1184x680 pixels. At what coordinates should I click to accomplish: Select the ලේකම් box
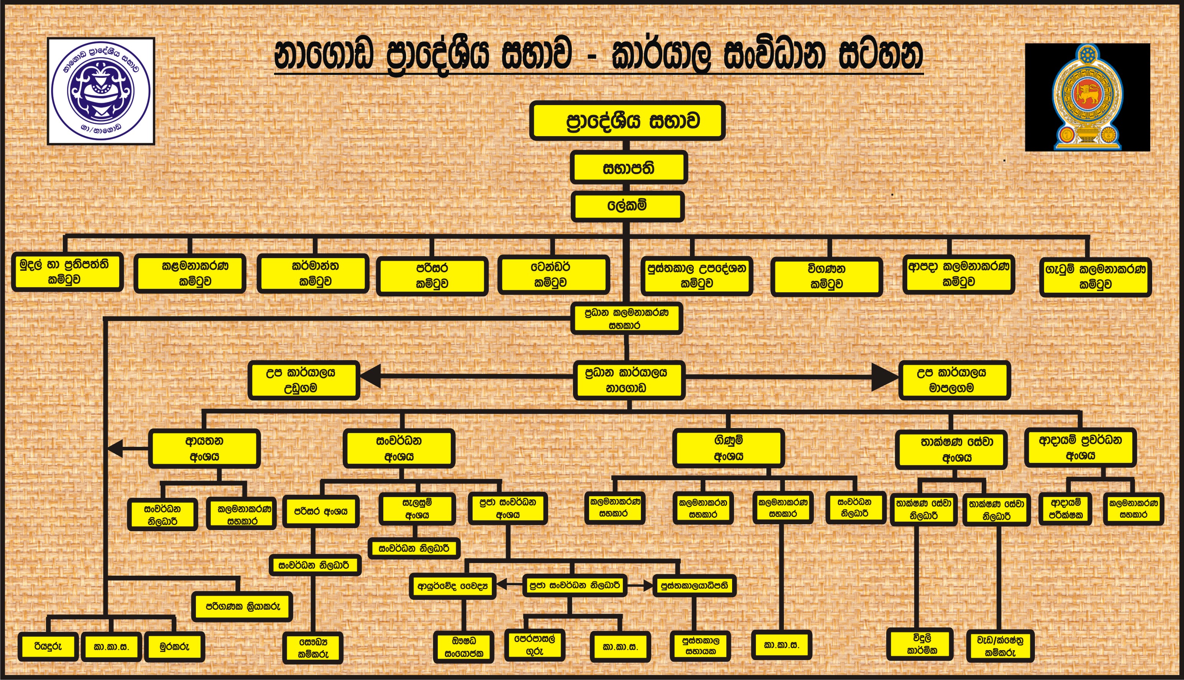(627, 206)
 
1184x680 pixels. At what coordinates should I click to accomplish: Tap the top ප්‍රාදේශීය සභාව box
(627, 120)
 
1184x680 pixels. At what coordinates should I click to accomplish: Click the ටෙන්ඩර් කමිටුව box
(553, 275)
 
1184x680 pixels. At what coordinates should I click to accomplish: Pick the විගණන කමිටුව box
(826, 276)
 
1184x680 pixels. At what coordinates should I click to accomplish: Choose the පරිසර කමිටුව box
(432, 275)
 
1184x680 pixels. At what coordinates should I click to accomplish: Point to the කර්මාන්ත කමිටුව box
(313, 274)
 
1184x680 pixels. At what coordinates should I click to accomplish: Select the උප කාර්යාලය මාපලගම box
(954, 380)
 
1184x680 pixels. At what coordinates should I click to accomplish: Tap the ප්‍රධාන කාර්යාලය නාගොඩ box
(628, 380)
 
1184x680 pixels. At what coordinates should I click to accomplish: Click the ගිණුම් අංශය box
(728, 448)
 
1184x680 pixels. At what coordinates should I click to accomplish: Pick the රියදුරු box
(48, 646)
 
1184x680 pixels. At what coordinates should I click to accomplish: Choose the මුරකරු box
(174, 646)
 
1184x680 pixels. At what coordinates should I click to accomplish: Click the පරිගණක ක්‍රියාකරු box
(242, 606)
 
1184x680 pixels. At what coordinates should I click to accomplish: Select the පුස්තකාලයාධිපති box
(695, 585)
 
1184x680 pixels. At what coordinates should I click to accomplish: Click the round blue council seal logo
(101, 91)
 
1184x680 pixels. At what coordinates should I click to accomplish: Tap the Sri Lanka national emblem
(1087, 97)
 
